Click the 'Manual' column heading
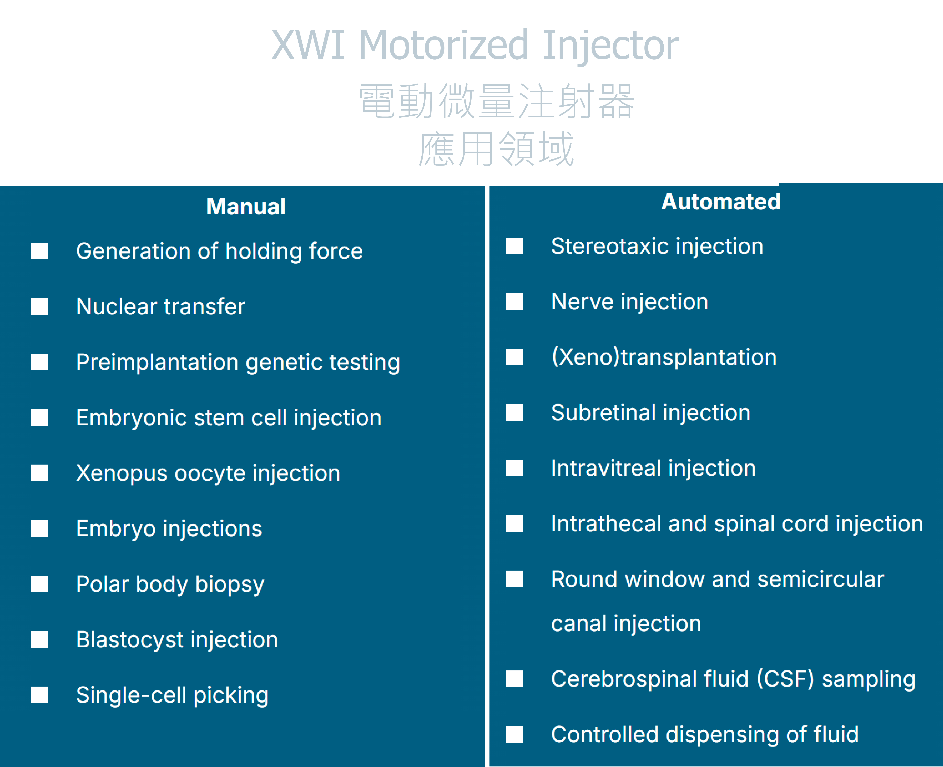(x=246, y=206)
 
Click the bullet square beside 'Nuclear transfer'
(x=39, y=306)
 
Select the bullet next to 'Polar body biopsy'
(x=39, y=584)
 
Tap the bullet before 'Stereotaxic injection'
(x=514, y=246)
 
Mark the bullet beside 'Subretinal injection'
(x=514, y=413)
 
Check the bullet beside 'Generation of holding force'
(x=39, y=251)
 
